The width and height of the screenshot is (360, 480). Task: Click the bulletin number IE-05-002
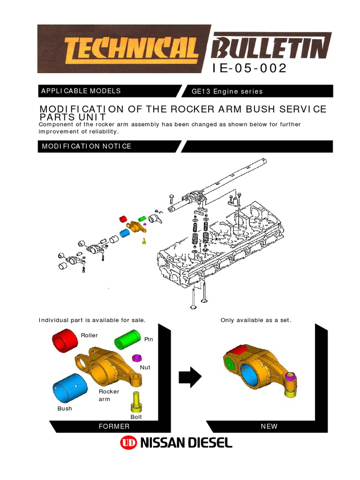pos(249,68)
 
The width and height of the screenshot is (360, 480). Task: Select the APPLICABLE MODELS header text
pos(81,91)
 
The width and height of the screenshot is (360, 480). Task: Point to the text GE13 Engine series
pos(227,91)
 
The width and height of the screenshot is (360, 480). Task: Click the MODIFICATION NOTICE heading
pos(87,146)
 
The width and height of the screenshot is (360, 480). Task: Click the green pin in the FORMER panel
pos(128,339)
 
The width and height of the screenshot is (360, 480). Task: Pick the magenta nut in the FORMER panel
pos(137,358)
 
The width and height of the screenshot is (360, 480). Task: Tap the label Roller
pos(89,336)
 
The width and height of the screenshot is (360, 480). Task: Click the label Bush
pos(65,409)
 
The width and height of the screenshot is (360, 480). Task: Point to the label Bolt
pos(136,417)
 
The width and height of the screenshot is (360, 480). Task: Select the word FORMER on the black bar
pos(114,427)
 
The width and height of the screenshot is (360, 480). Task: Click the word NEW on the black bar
pos(269,427)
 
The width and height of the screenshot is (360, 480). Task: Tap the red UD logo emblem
pos(127,443)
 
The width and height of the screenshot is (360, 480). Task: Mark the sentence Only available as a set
pos(256,320)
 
